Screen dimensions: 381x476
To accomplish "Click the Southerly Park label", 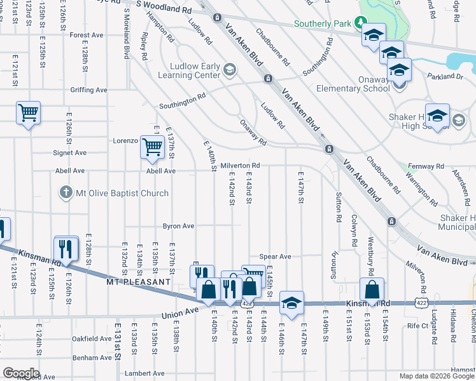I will point(323,24).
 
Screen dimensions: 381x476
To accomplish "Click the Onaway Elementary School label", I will point(353,88).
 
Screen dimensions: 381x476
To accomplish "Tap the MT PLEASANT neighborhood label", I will point(138,281).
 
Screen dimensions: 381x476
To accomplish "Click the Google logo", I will point(21,373).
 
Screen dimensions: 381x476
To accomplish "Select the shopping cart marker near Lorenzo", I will point(152,147).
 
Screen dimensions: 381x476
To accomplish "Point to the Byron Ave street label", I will point(178,225).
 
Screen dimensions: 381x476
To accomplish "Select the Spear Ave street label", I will point(275,257).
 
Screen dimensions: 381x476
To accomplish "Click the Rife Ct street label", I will point(418,325).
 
